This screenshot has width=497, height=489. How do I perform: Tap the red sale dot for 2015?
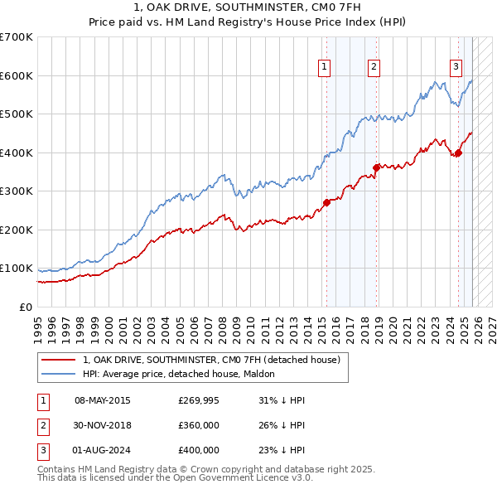pos(326,202)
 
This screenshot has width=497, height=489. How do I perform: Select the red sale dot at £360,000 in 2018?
pos(377,167)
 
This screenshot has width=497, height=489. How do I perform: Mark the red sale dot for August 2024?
pos(458,153)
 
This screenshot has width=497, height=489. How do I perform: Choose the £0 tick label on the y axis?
pos(25,307)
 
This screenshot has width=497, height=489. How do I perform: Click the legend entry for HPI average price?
pos(184,374)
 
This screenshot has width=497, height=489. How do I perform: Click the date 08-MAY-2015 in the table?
pos(103,400)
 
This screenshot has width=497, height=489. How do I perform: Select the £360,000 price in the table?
pos(199,425)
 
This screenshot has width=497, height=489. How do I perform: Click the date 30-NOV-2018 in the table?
pos(103,425)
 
